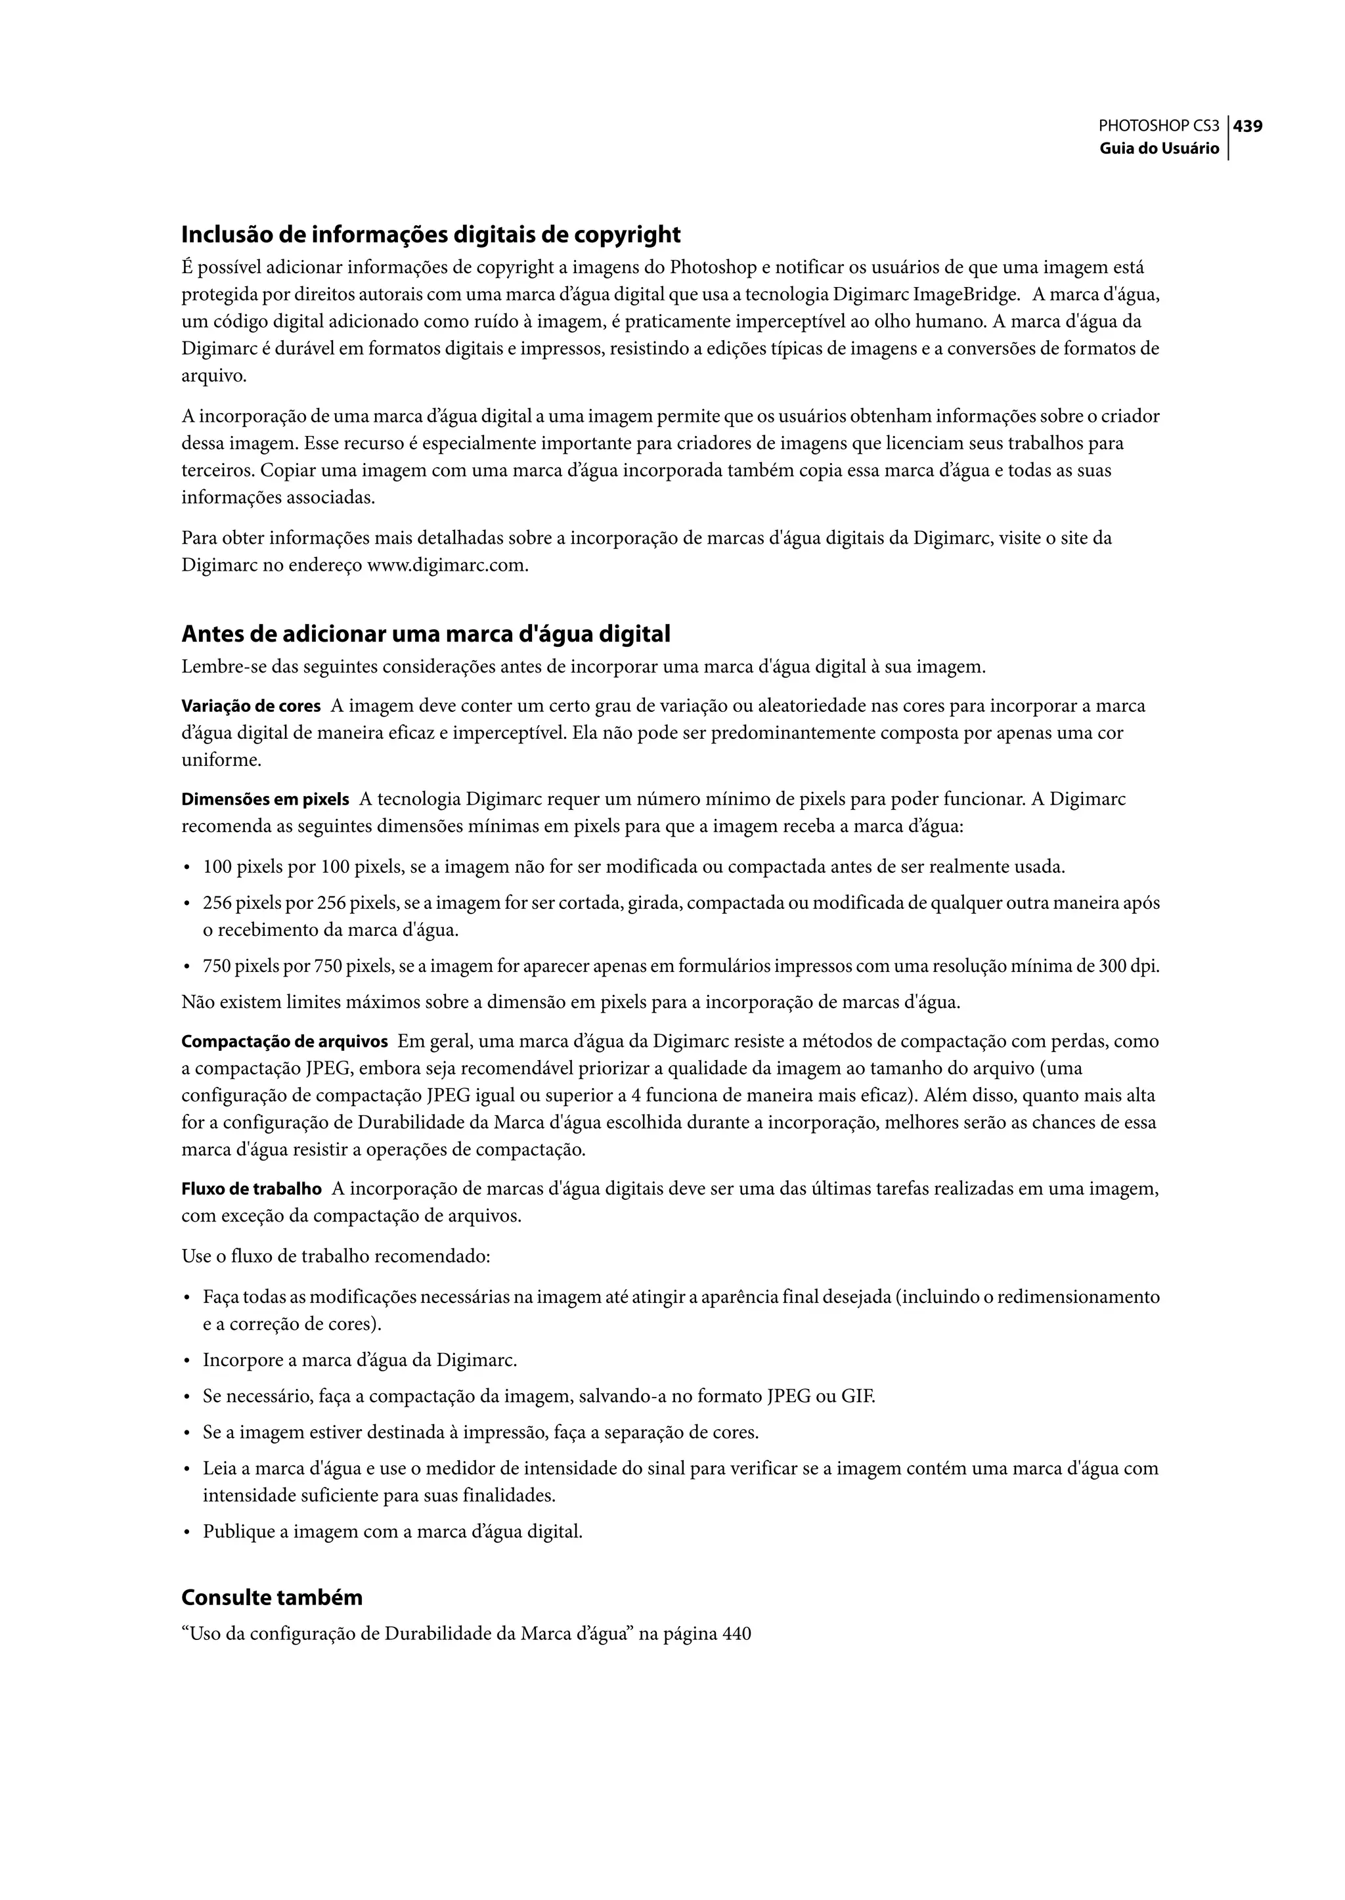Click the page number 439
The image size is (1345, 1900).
(x=1248, y=127)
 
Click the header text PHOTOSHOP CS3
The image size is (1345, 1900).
(x=1158, y=127)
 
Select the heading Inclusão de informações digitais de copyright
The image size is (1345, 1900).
(x=431, y=235)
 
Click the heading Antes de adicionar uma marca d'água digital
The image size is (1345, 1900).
(x=426, y=634)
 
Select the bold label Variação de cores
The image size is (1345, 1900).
(x=251, y=707)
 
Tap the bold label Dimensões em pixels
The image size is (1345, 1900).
(x=265, y=800)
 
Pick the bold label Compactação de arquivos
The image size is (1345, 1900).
(x=285, y=1041)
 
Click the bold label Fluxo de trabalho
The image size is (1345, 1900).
(x=252, y=1189)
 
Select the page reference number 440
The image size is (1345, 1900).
(x=736, y=1634)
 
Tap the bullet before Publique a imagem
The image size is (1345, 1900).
(x=187, y=1532)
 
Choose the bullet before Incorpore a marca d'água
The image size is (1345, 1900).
(x=187, y=1360)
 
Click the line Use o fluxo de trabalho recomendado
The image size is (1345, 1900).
(x=336, y=1256)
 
